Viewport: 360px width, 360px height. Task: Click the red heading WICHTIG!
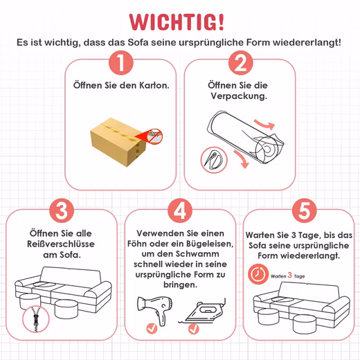[x=177, y=22]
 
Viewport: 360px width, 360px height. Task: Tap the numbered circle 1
[x=121, y=63]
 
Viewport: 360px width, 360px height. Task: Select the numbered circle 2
[x=240, y=63]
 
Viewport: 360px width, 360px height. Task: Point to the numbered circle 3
[x=62, y=210]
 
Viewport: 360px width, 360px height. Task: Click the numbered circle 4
[x=180, y=210]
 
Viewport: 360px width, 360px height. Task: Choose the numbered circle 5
[x=305, y=210]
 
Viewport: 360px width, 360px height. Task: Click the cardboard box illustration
[x=118, y=142]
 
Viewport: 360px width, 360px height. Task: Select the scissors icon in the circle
[x=214, y=160]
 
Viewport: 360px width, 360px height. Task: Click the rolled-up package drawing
[x=246, y=137]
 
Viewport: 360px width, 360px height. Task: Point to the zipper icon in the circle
[x=36, y=319]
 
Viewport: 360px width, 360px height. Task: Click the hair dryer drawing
[x=155, y=310]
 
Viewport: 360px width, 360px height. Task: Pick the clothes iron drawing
[x=202, y=311]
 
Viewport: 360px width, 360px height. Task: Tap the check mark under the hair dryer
[x=152, y=328]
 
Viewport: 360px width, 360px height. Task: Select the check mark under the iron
[x=193, y=329]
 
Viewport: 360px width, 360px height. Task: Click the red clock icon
[x=258, y=274]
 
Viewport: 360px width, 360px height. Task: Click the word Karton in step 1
[x=154, y=85]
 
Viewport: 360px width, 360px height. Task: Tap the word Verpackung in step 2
[x=239, y=96]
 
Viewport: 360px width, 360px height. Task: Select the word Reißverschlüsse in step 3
[x=61, y=244]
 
